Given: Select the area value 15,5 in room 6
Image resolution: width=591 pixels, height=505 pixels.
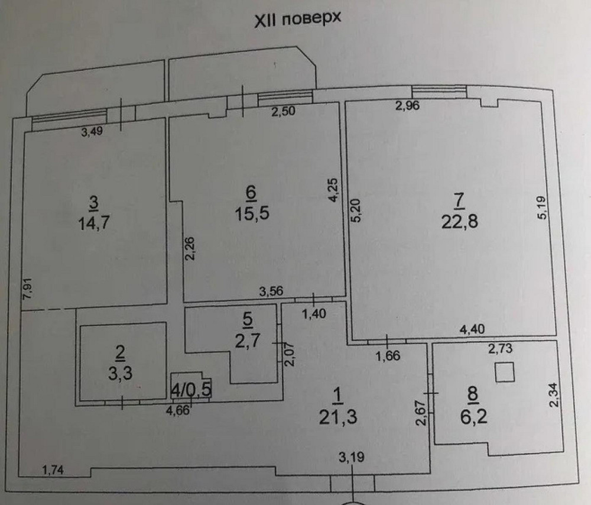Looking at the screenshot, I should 251,212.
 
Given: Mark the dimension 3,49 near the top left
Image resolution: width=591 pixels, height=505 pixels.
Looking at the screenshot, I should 91,132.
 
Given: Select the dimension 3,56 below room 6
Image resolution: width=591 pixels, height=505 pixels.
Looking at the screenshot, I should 271,291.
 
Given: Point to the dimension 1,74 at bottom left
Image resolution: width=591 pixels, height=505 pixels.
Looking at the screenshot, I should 54,470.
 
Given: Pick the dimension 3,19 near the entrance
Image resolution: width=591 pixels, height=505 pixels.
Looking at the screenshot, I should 351,456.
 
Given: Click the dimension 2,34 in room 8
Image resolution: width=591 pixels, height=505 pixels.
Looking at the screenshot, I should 553,395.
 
